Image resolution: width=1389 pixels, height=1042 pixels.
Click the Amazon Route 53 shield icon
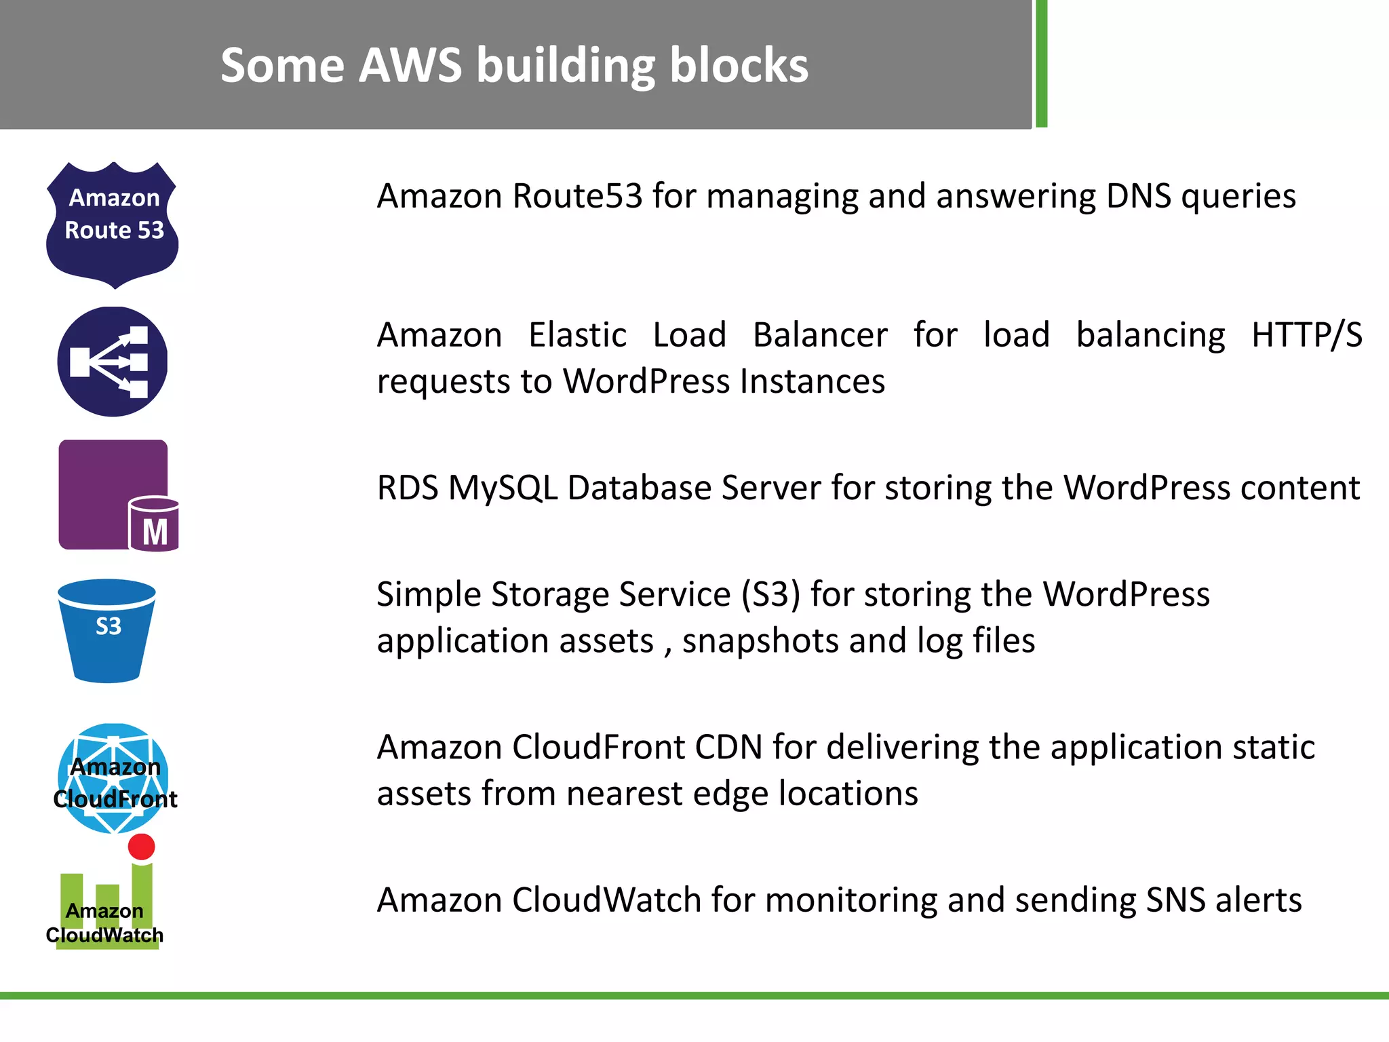click(113, 225)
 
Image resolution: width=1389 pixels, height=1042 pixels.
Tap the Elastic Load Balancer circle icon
click(113, 362)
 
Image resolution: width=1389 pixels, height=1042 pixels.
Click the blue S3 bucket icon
click(107, 631)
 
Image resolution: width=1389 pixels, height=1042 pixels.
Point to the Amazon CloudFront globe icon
click(113, 778)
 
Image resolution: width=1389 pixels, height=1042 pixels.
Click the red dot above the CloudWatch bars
click(141, 847)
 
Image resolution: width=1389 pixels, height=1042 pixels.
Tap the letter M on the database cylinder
click(155, 532)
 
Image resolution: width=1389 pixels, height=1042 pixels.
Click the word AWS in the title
click(410, 66)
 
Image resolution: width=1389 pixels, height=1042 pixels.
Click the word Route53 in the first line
click(577, 196)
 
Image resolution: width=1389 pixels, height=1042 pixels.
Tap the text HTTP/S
click(1306, 335)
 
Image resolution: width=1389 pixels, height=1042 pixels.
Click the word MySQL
click(503, 488)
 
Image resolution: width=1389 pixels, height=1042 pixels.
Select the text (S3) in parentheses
click(771, 595)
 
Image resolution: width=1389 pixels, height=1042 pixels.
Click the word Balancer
click(819, 335)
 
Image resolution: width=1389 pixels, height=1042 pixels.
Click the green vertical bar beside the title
click(1042, 64)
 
